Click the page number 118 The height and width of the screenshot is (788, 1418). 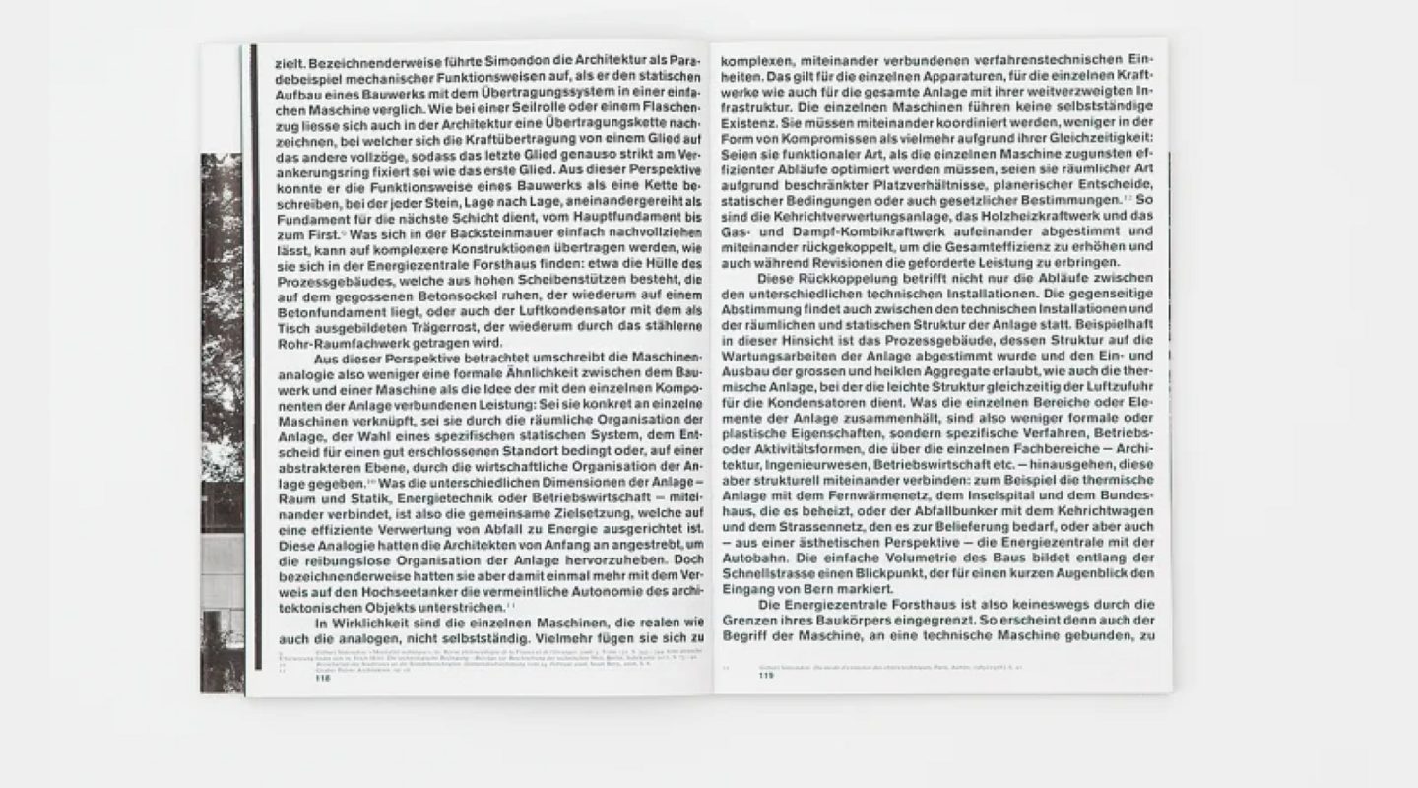(323, 678)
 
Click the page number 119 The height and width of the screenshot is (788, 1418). (767, 676)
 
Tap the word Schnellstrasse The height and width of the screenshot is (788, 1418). (767, 573)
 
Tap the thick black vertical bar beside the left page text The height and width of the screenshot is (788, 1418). (255, 355)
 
